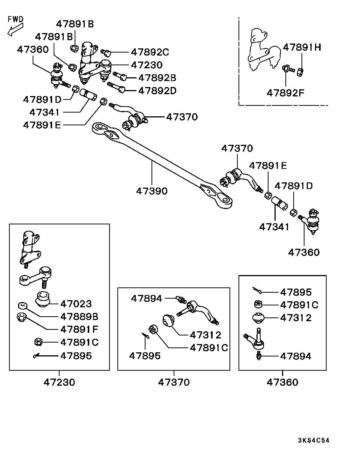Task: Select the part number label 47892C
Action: (x=150, y=52)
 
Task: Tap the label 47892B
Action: (x=157, y=78)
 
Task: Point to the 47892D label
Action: (x=157, y=90)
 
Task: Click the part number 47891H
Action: (x=302, y=47)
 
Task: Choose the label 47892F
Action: (x=286, y=92)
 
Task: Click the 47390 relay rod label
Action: (x=151, y=191)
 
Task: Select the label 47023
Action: (x=76, y=303)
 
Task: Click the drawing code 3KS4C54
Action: (x=313, y=440)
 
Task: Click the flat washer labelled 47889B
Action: (x=21, y=305)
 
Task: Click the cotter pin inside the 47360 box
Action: (x=257, y=290)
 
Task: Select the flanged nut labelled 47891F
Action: (x=22, y=317)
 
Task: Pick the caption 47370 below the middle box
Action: (x=174, y=382)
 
